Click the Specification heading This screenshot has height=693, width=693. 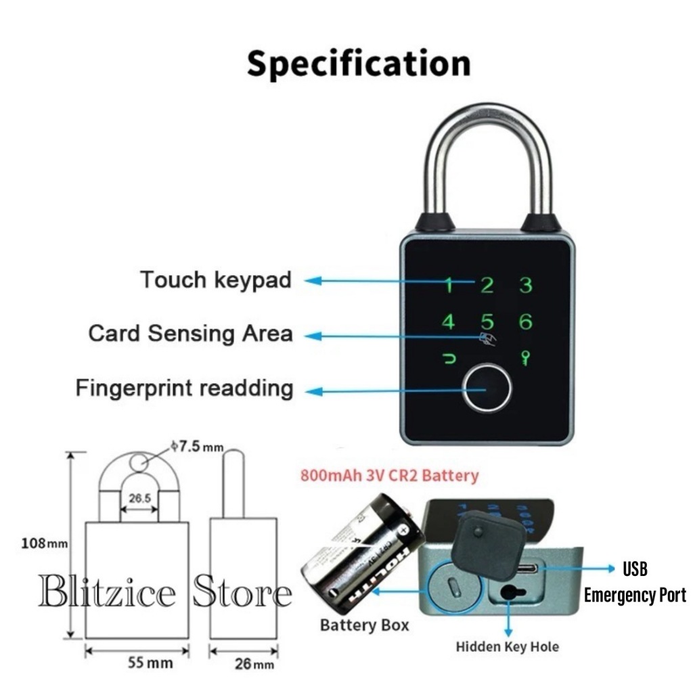(x=358, y=64)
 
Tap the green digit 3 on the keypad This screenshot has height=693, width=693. (x=525, y=284)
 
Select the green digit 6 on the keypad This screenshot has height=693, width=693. (x=525, y=322)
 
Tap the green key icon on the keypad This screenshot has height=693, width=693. (x=525, y=358)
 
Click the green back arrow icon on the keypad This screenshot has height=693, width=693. (x=449, y=358)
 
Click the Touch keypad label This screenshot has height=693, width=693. (x=216, y=280)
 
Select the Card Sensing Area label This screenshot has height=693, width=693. (x=190, y=334)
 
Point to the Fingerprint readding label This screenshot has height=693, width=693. (x=184, y=388)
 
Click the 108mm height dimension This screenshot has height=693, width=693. (x=43, y=543)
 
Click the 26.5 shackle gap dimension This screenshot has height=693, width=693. (x=139, y=498)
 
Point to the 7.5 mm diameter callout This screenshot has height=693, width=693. (x=197, y=447)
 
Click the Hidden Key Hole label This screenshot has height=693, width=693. (x=508, y=647)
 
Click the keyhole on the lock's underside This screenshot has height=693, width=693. (x=508, y=594)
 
